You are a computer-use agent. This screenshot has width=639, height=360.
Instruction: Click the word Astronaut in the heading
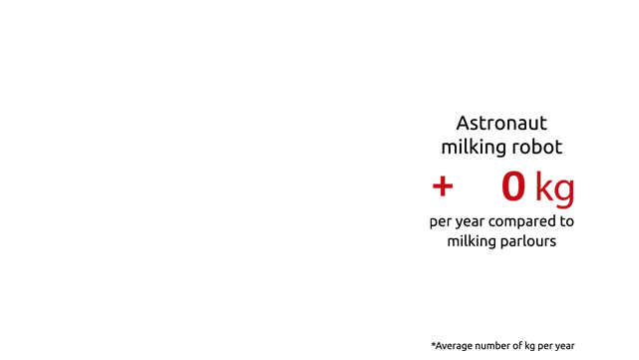click(x=501, y=123)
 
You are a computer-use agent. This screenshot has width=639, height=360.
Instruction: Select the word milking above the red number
click(x=474, y=148)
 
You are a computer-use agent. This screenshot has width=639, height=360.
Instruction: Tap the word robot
click(x=537, y=147)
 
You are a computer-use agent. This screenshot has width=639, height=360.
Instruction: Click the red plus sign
click(x=443, y=186)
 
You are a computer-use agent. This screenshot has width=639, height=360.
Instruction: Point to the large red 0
click(x=513, y=186)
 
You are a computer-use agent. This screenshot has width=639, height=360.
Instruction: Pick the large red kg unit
click(x=554, y=187)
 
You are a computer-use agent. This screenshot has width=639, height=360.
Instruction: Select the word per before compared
click(x=439, y=222)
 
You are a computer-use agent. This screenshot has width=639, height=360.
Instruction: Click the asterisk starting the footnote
click(x=434, y=344)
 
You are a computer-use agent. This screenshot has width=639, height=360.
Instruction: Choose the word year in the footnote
click(x=564, y=347)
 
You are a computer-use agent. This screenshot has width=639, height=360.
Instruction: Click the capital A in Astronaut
click(x=463, y=123)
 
